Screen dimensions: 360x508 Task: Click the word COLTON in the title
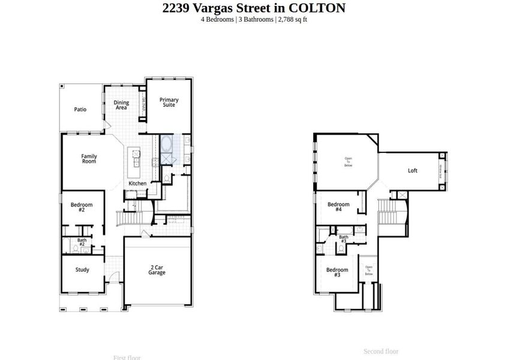317,8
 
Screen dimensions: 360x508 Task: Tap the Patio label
80,110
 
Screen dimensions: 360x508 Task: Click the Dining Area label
121,105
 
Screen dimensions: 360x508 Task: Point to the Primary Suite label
169,103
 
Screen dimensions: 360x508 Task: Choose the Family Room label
89,159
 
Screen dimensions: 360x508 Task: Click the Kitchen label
137,183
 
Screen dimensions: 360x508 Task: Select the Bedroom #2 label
82,208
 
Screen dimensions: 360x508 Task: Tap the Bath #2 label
82,242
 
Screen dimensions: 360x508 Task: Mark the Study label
82,270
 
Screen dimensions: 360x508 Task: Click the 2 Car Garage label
157,270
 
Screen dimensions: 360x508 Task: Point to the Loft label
413,171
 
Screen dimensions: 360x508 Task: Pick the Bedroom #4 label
338,207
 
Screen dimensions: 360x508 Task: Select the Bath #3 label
343,239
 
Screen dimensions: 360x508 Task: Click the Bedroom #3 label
337,272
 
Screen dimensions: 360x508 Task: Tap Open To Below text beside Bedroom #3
369,271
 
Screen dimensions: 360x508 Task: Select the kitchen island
137,158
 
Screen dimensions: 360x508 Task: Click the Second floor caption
381,352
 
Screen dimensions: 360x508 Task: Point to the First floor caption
127,358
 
